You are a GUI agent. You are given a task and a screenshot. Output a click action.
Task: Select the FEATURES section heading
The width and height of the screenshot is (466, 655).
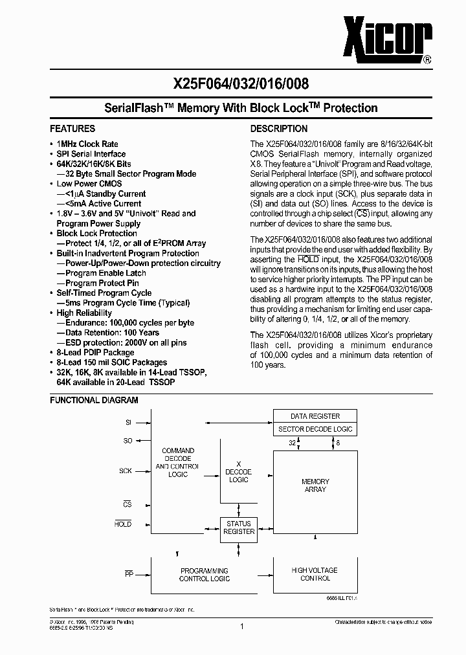click(72, 129)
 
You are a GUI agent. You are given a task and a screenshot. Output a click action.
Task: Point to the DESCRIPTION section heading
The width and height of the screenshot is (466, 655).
click(279, 129)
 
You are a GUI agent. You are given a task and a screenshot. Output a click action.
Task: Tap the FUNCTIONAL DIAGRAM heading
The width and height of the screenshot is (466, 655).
click(94, 400)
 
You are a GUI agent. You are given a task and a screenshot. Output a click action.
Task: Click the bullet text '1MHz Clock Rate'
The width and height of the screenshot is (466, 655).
click(87, 144)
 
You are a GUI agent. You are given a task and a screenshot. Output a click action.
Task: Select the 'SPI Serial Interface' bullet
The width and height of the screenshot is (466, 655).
click(91, 154)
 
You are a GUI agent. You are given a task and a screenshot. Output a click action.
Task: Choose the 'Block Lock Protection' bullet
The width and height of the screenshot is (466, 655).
click(96, 233)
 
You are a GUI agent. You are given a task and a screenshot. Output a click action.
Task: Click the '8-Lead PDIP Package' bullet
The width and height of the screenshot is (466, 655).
click(95, 353)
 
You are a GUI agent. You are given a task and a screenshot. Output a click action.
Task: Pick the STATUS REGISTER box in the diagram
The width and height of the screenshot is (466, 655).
click(239, 527)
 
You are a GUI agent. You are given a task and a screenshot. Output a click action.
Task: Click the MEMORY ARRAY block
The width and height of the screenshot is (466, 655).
click(315, 485)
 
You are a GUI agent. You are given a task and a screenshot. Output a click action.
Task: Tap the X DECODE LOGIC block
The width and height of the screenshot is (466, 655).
click(239, 472)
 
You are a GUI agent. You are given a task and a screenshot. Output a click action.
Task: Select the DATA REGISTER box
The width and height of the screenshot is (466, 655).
click(315, 416)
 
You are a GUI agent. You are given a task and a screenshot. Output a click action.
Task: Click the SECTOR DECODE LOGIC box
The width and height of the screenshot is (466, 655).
click(315, 429)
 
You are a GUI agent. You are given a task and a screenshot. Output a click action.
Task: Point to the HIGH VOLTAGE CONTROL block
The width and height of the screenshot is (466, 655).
click(315, 574)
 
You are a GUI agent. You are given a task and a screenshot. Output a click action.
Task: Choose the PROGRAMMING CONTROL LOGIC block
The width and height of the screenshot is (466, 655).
click(204, 574)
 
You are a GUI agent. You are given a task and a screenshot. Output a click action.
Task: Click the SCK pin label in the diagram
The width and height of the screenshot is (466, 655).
click(125, 471)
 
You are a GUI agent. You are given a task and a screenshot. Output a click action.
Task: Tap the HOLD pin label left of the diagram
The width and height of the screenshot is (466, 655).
click(123, 524)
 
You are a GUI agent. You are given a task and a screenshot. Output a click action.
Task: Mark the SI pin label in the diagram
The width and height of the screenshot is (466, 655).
click(128, 422)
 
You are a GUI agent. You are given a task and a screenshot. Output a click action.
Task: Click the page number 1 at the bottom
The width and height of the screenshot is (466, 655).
click(241, 626)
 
